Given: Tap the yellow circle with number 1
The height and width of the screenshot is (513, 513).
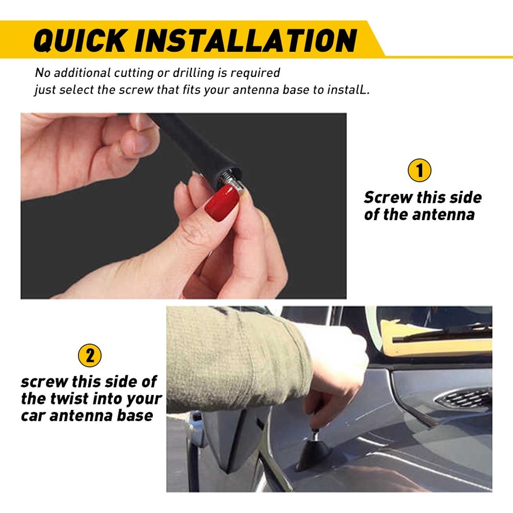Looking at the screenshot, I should [x=419, y=171].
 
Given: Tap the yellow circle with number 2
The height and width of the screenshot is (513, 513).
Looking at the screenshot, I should [x=90, y=355].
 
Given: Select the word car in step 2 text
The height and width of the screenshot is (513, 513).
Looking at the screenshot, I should [x=35, y=416].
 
